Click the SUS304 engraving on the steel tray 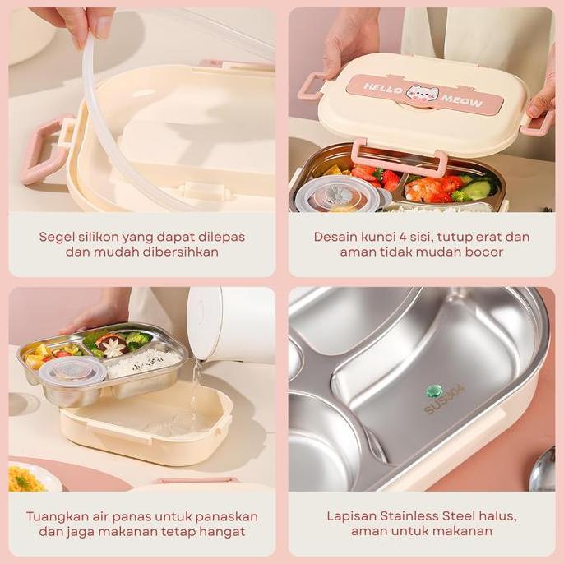pyautogui.click(x=444, y=400)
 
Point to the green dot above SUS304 pyautogui.click(x=434, y=390)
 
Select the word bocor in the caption pyautogui.click(x=483, y=252)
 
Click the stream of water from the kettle pyautogui.click(x=195, y=391)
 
